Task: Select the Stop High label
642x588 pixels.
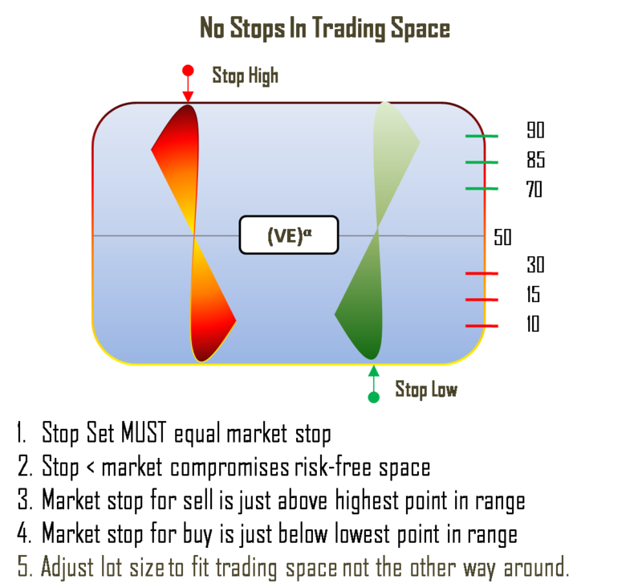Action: (x=245, y=76)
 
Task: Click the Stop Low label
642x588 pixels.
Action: (x=426, y=390)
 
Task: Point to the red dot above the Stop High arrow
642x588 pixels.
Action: (x=188, y=70)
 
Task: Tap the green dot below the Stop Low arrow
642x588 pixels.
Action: (x=373, y=397)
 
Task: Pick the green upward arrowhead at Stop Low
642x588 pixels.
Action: (x=373, y=370)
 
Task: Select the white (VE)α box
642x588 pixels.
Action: (x=289, y=235)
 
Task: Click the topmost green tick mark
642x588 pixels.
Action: (x=482, y=137)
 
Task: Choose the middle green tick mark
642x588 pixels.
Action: (x=482, y=162)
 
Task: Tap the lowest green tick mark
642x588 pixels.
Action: (x=482, y=189)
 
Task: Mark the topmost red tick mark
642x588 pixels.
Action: (x=482, y=274)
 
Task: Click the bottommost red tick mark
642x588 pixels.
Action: (x=482, y=325)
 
